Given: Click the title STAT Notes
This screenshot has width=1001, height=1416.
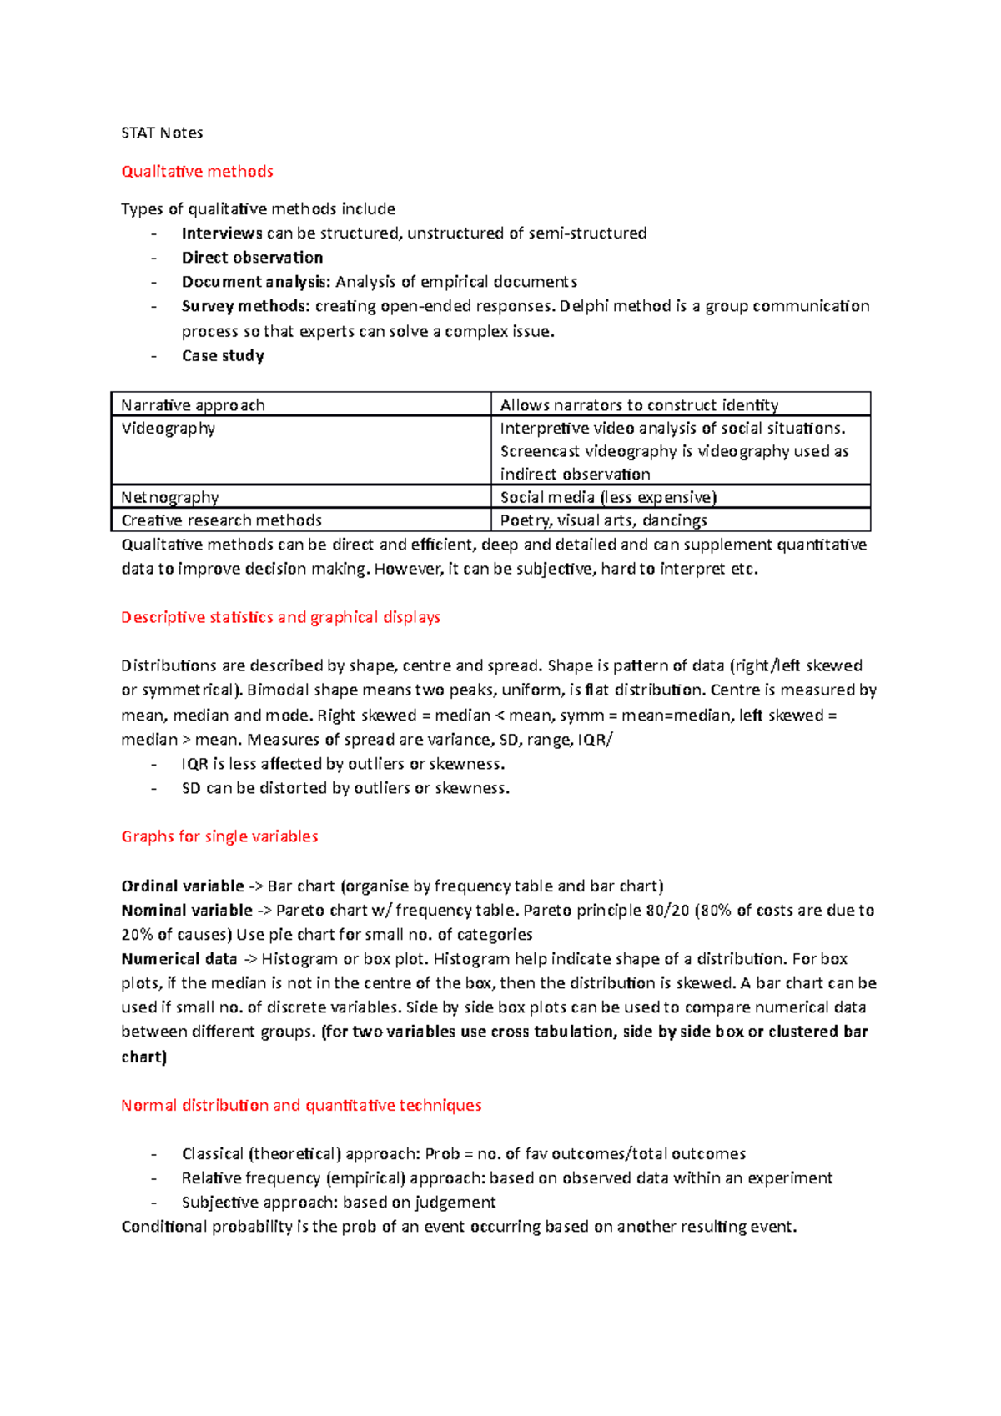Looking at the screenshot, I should [x=162, y=133].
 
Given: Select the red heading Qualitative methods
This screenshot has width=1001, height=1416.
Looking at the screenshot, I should [x=197, y=171].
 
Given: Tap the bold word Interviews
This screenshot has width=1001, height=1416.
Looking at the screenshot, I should [x=222, y=233].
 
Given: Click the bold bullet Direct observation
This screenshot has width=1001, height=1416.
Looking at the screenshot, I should [x=252, y=258].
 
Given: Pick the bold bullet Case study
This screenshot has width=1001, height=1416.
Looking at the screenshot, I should [x=223, y=355].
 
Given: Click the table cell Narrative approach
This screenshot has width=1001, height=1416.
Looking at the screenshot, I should [x=193, y=405].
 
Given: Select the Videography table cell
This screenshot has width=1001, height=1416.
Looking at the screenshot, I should [x=168, y=429].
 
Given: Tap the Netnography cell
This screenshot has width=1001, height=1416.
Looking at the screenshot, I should [x=169, y=497].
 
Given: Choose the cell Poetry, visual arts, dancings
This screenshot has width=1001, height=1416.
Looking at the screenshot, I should [x=603, y=520].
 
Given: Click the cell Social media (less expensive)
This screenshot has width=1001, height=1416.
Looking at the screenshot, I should [x=608, y=497].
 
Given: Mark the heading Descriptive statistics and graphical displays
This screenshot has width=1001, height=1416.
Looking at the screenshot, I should [x=280, y=617].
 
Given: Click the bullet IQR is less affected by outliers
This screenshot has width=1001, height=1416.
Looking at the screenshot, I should [x=342, y=764].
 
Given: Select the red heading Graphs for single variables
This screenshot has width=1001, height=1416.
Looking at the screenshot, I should [x=219, y=836].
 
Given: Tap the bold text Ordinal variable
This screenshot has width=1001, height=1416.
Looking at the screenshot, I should [x=183, y=886].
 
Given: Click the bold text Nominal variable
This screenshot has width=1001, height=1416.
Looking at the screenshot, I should [x=187, y=910].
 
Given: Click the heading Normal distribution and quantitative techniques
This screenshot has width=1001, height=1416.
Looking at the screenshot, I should [x=301, y=1105].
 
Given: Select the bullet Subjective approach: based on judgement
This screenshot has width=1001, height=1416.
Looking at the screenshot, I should [x=338, y=1203].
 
